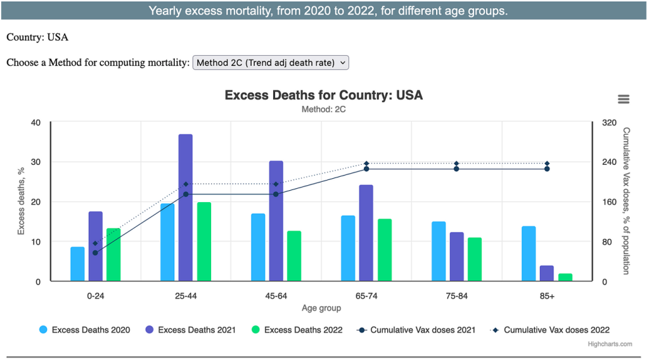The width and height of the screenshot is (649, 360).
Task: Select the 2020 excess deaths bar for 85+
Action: pyautogui.click(x=529, y=254)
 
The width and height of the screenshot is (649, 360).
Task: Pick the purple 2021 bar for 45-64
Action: pyautogui.click(x=276, y=221)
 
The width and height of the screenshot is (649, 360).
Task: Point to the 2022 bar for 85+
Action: pyautogui.click(x=565, y=278)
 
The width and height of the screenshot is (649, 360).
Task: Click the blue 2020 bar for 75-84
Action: pyautogui.click(x=439, y=252)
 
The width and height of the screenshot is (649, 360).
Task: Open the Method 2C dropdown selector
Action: pyautogui.click(x=271, y=63)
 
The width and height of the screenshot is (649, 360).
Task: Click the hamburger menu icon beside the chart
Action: pyautogui.click(x=623, y=99)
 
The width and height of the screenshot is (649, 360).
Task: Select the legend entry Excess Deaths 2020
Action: pyautogui.click(x=85, y=330)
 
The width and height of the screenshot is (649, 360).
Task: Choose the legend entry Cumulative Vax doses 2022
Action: pyautogui.click(x=550, y=330)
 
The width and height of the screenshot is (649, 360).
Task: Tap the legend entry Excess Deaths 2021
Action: pyautogui.click(x=191, y=330)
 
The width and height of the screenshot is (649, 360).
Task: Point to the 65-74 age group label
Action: pyautogui.click(x=366, y=296)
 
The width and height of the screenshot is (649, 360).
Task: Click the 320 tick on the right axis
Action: pyautogui.click(x=608, y=122)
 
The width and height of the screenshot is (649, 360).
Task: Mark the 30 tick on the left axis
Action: pyautogui.click(x=35, y=162)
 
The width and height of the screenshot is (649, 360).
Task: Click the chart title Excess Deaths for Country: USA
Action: pyautogui.click(x=323, y=95)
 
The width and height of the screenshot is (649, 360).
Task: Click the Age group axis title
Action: pyautogui.click(x=321, y=308)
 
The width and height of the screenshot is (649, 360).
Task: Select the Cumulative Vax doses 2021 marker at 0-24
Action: pyautogui.click(x=95, y=253)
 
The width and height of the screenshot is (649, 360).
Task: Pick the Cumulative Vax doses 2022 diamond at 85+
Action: pyautogui.click(x=547, y=164)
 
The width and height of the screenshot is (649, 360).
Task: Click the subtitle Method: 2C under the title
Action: pyautogui.click(x=323, y=109)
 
